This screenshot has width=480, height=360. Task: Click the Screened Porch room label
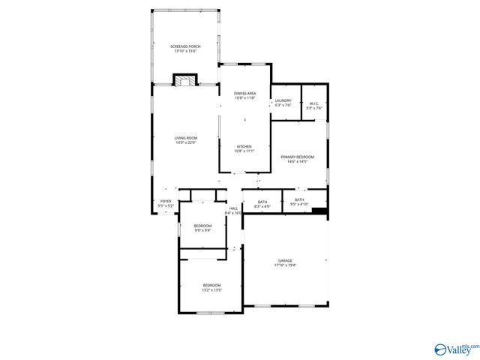point(185,46)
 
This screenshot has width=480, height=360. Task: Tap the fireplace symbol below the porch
point(184,79)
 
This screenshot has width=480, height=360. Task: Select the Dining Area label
point(244,93)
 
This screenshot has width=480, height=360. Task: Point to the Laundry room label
point(283,100)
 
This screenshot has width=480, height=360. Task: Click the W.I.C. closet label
point(314,104)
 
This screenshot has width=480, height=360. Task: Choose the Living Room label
point(185,138)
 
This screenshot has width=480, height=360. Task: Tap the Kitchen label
point(244,146)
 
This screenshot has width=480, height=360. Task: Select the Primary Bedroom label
point(298,157)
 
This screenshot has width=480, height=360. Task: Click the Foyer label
point(166,201)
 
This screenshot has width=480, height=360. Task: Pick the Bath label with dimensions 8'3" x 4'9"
point(262,201)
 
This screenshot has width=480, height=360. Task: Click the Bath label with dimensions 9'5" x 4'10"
point(298,199)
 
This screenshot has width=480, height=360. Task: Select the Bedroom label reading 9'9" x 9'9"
point(202,226)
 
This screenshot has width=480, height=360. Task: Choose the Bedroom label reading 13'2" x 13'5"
point(211,285)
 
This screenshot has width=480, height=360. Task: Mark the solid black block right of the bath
point(319,211)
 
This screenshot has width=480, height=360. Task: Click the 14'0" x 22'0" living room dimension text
point(185,142)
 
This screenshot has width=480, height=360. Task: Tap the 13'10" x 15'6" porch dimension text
point(185,51)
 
